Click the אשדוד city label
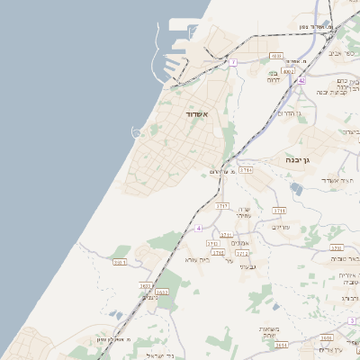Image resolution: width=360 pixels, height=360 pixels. [196, 115]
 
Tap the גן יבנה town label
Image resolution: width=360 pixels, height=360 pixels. [298, 159]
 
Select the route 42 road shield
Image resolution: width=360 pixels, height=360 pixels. [302, 80]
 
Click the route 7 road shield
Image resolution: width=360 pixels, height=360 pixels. [232, 62]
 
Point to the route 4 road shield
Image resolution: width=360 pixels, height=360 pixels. [198, 228]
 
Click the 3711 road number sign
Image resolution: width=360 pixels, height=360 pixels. [279, 211]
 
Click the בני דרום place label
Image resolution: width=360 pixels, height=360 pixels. [274, 76]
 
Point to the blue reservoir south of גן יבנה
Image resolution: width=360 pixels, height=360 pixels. [297, 188]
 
